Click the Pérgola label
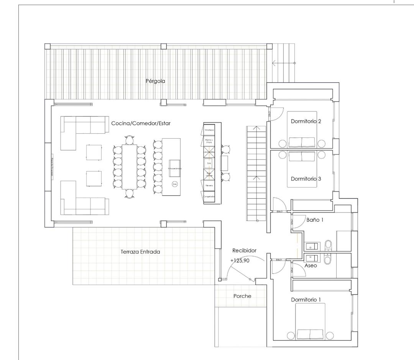click(155, 81)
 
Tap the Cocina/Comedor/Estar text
click(141, 123)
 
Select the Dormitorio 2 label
click(306, 121)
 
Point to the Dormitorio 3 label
click(306, 179)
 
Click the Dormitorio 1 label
click(306, 299)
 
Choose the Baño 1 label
click(315, 220)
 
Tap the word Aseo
click(310, 265)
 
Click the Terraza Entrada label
click(140, 252)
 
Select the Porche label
click(242, 296)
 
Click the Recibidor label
click(244, 250)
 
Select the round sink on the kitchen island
click(175, 184)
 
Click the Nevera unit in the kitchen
click(209, 185)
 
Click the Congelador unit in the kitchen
click(209, 196)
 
